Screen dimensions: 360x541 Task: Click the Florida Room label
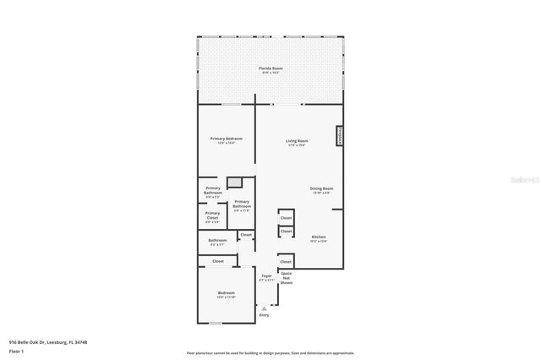[270, 69]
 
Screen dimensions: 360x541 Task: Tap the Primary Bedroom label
[227, 139]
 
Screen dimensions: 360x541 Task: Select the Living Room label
[296, 142]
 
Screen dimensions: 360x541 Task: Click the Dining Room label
[322, 190]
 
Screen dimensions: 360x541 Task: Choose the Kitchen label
[319, 238]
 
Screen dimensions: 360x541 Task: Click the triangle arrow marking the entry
[264, 308]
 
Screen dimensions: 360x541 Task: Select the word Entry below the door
[264, 315]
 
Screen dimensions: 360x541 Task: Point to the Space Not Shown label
[287, 279]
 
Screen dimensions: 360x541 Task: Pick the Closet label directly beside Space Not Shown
[286, 262]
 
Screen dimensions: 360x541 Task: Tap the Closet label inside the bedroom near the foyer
[217, 262]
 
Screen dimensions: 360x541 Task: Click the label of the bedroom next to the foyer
[226, 295]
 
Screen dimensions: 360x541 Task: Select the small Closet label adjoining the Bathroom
[246, 235]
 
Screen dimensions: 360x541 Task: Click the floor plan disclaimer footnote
[270, 352]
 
